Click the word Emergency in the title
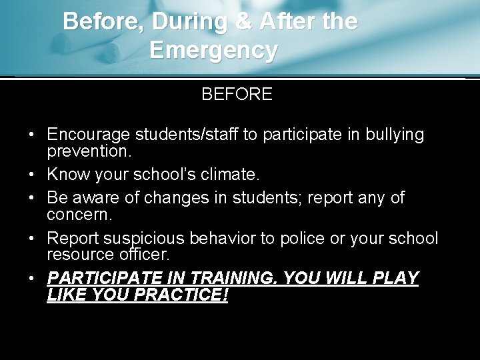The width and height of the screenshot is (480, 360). tap(213, 50)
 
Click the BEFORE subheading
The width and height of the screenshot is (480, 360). tap(237, 94)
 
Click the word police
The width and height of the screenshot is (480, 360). tap(315, 239)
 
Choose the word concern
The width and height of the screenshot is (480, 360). tap(77, 215)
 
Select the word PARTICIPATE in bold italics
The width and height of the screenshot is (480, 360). tap(106, 278)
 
